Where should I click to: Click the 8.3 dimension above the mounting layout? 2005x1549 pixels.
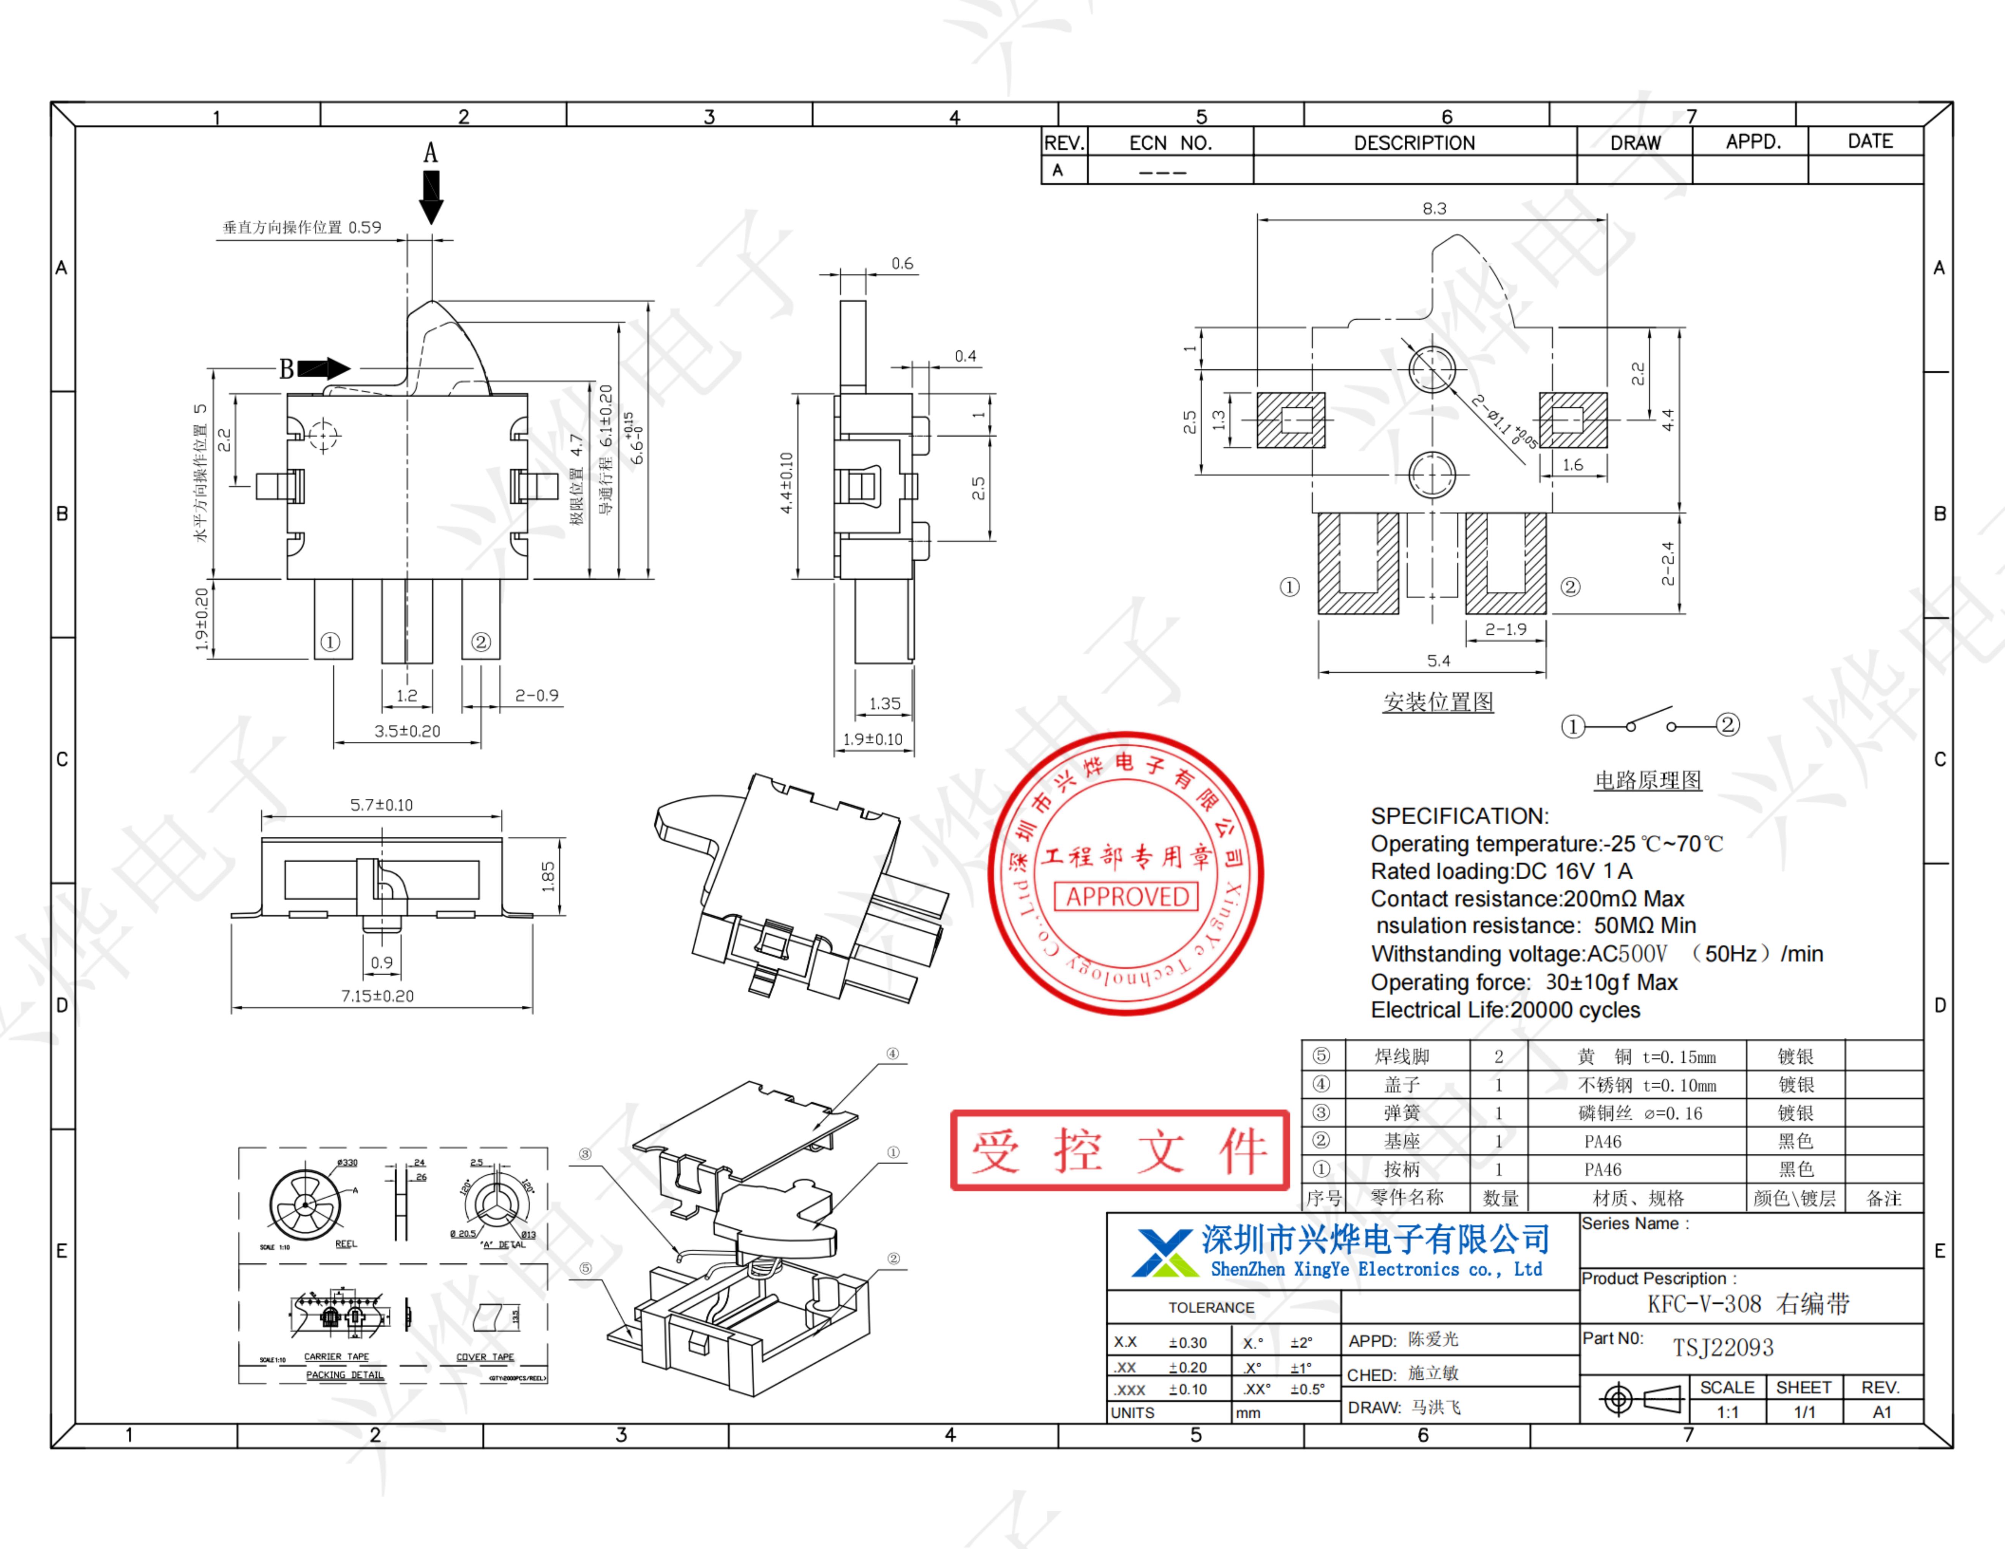click(x=1434, y=208)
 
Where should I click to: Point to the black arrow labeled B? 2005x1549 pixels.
click(x=323, y=369)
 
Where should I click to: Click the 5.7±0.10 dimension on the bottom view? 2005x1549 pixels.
click(x=381, y=805)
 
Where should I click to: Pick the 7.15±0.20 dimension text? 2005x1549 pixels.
click(x=377, y=996)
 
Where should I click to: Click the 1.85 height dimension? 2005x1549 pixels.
click(x=548, y=876)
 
